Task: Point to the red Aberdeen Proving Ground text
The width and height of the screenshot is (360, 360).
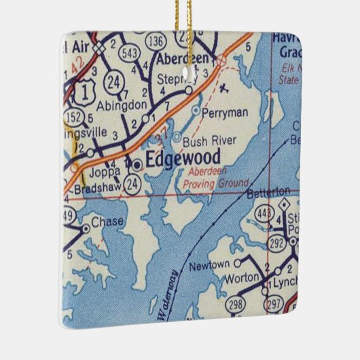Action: point(217,178)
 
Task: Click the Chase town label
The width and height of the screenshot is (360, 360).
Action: point(107,222)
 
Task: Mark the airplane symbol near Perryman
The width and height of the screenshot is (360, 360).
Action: point(225,86)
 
